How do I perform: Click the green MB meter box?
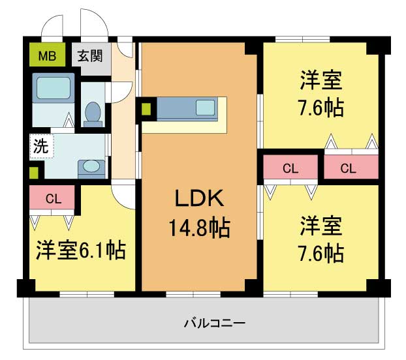[47, 55]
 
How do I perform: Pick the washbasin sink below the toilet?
[89, 167]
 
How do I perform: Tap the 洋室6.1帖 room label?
[81, 249]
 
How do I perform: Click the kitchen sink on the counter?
[206, 108]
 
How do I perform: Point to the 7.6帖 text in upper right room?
[321, 108]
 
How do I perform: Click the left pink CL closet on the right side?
[290, 168]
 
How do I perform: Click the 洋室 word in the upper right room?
[321, 81]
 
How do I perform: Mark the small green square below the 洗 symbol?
[33, 173]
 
